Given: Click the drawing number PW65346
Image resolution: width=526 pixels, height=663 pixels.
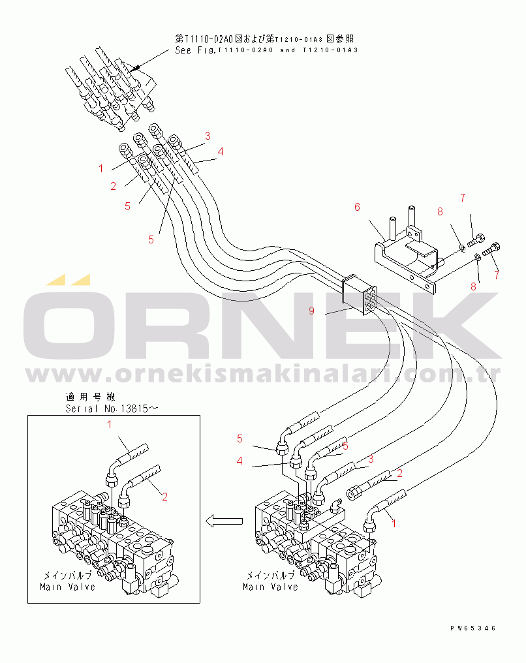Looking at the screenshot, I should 472,628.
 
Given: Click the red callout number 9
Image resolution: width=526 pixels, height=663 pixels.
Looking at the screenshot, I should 312,311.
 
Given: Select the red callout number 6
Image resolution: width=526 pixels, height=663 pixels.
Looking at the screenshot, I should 357,207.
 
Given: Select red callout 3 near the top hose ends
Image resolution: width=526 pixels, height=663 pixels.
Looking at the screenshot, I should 208,136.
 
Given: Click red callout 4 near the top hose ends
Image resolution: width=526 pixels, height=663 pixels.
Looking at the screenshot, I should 221,151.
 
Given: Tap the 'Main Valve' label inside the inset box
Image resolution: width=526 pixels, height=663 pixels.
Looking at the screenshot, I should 67,586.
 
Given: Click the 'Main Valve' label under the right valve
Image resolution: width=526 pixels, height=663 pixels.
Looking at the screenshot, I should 270,586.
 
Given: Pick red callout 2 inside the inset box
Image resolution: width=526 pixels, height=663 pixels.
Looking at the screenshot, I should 164,497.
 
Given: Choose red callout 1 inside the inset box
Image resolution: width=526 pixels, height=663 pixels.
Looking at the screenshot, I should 110,425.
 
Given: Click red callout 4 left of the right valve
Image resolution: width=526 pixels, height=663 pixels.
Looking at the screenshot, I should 240,461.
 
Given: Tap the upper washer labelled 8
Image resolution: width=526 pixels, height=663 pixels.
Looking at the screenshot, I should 462,247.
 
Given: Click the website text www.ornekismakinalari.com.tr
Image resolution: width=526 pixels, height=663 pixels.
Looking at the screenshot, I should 263,375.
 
